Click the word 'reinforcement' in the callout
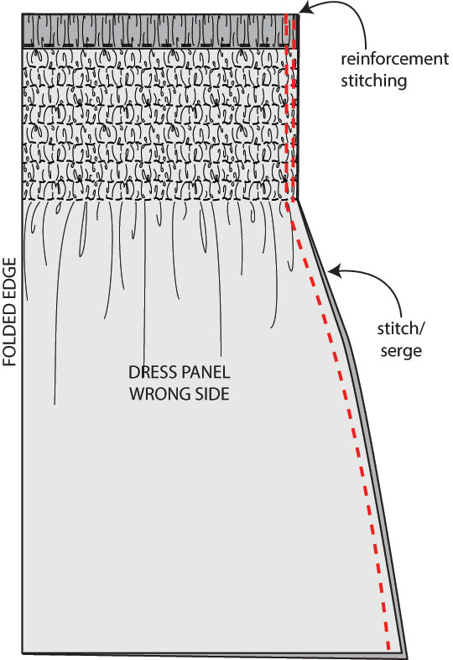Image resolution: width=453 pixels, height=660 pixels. [394, 59]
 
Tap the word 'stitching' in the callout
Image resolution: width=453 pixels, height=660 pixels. [373, 81]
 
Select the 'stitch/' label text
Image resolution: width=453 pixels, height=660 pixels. [401, 328]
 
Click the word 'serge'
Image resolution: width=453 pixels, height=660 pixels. [401, 351]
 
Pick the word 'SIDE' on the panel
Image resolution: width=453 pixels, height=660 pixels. [212, 394]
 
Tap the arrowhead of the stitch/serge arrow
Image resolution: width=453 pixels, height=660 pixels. [333, 272]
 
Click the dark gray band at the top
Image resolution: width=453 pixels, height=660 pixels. [160, 31]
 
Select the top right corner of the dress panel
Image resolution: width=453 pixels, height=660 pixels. [298, 15]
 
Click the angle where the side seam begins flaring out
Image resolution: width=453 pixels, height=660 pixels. [298, 199]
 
